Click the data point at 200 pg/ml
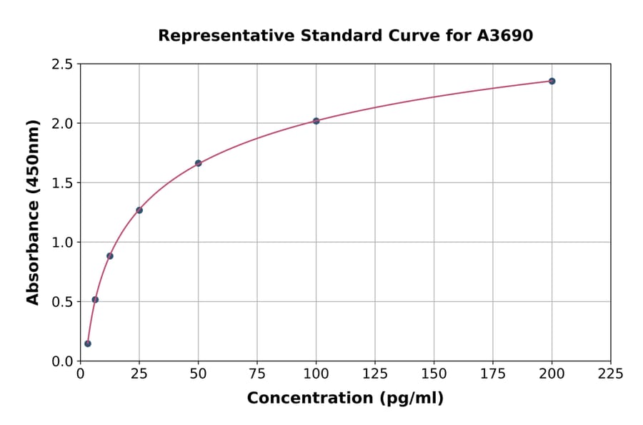[552, 81]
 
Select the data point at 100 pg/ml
[316, 121]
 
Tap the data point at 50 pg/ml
[198, 163]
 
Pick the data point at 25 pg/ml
[139, 210]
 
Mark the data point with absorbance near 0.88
[110, 255]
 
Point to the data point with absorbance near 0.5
[95, 300]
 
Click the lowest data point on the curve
[88, 343]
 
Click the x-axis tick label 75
[257, 373]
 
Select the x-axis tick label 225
[611, 373]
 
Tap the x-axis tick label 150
[434, 373]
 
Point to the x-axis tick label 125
[375, 373]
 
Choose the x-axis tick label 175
[493, 373]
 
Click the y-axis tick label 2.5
[61, 64]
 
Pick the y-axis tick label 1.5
[61, 183]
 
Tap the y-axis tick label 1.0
[61, 243]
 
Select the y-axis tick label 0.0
[61, 361]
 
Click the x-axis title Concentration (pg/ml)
[345, 399]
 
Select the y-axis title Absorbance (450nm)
[33, 212]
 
